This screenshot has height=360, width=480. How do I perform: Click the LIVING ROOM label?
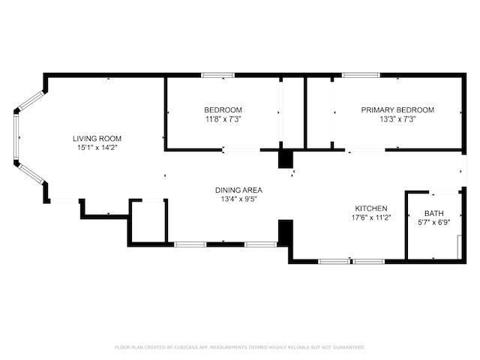click(97, 138)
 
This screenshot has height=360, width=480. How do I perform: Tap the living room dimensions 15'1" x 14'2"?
click(97, 148)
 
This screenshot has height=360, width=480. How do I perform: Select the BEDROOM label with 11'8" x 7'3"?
click(223, 109)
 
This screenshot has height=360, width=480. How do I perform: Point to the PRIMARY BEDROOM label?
click(397, 109)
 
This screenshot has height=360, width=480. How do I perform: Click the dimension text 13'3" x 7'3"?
click(397, 118)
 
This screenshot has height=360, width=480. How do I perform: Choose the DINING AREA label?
click(238, 190)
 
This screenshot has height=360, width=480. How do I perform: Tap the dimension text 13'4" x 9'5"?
click(238, 199)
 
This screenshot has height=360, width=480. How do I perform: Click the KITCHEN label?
click(370, 208)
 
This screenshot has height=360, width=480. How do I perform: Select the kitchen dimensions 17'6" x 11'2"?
click(370, 218)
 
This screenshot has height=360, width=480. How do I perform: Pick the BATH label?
click(433, 213)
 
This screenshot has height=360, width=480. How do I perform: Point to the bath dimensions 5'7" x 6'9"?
click(433, 223)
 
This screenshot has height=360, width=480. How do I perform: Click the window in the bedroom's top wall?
click(217, 75)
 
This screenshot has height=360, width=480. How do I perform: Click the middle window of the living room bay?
click(16, 138)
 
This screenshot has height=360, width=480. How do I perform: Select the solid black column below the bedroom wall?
click(286, 159)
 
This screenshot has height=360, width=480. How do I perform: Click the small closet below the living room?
click(148, 221)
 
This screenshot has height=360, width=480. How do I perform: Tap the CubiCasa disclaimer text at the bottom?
click(240, 347)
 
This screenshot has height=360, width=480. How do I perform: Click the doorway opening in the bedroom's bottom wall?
click(241, 151)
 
